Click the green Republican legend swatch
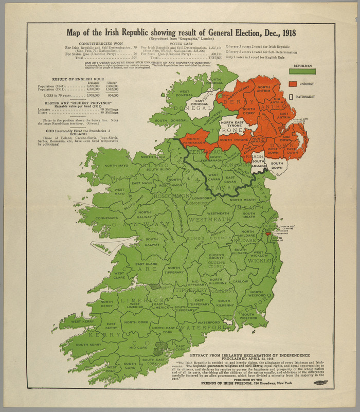click(302, 71)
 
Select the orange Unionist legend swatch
click(293, 83)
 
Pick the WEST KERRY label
click(82, 321)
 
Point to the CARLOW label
click(240, 282)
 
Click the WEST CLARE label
click(118, 275)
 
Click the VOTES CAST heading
click(181, 44)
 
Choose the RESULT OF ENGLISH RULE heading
click(69, 78)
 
